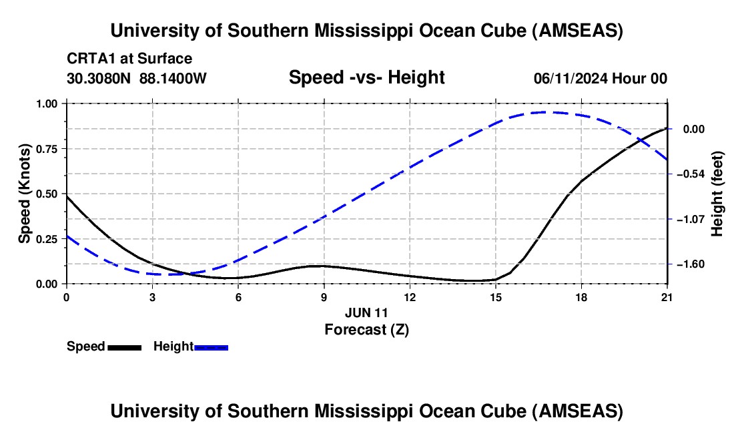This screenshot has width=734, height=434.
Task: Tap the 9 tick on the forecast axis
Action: (324, 297)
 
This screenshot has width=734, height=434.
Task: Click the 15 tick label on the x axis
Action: (496, 297)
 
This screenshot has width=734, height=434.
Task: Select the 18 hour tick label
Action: (582, 297)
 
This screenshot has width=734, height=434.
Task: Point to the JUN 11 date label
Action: (366, 312)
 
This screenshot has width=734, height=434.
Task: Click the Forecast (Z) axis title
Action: (366, 329)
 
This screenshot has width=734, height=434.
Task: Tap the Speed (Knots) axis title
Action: (25, 194)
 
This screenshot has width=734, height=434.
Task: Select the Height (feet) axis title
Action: (718, 194)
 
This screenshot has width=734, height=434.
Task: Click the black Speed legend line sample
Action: (125, 347)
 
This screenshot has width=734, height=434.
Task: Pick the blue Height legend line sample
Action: (212, 347)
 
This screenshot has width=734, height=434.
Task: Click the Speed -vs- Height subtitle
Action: (366, 77)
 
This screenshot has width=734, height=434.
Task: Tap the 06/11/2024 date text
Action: (573, 79)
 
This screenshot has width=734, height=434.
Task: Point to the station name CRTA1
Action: (89, 59)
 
